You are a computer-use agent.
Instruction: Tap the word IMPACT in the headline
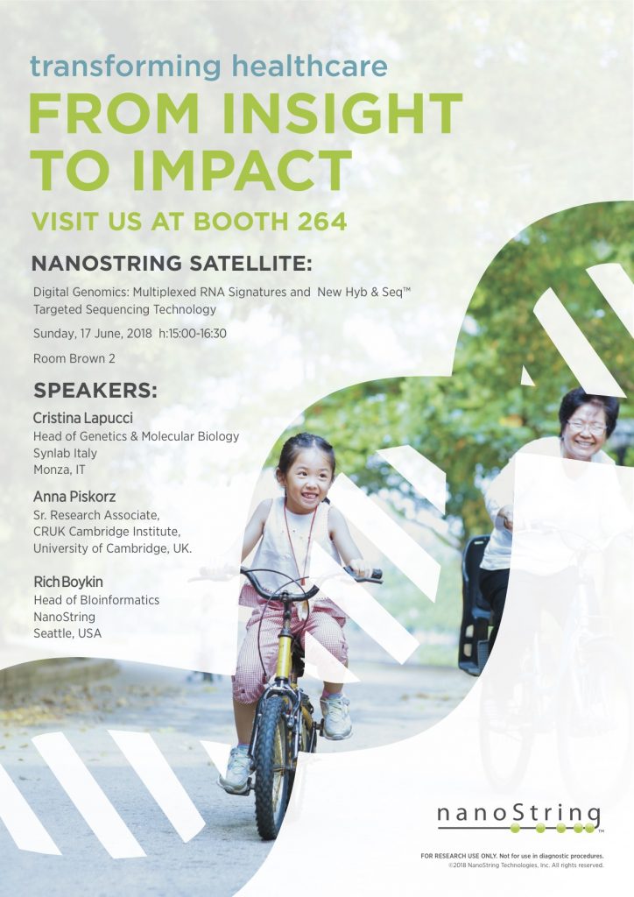click(241, 170)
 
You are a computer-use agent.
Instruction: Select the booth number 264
click(322, 222)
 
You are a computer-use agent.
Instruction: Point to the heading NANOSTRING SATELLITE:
click(173, 264)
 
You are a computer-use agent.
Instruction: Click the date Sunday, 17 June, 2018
click(93, 333)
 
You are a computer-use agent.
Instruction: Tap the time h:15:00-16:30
click(193, 333)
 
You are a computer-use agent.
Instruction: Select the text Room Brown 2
click(74, 358)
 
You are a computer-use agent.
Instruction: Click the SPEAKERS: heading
click(95, 390)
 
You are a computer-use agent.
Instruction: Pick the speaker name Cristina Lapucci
click(83, 418)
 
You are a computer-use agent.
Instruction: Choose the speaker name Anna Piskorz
click(74, 497)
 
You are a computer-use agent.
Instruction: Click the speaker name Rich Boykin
click(68, 582)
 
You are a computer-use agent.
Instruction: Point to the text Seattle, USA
click(67, 633)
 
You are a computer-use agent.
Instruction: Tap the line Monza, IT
click(60, 470)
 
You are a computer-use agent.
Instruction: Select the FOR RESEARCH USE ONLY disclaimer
click(512, 856)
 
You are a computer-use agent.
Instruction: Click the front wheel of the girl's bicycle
click(273, 766)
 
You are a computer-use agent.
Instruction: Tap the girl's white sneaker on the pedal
click(336, 717)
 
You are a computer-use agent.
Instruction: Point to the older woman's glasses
click(587, 427)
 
